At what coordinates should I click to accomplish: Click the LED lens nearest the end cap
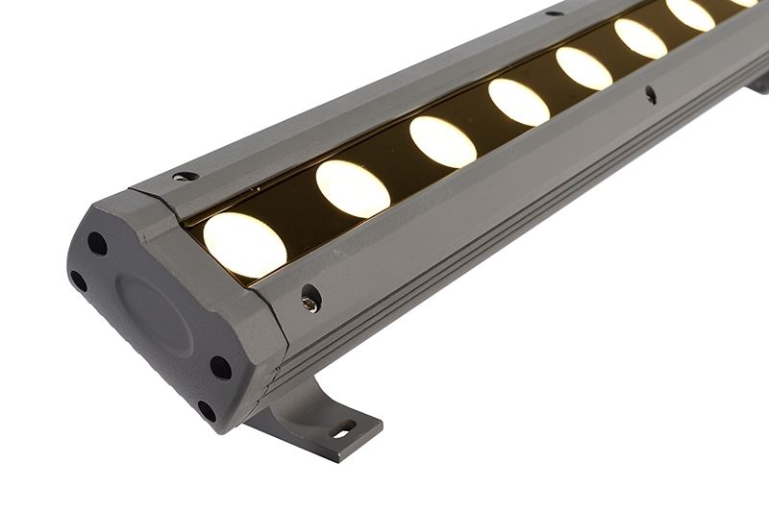(244, 244)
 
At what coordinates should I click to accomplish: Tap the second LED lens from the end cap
(353, 188)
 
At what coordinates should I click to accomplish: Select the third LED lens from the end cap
(442, 141)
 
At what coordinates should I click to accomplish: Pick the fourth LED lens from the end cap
(518, 102)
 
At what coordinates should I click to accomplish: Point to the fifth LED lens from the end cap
(583, 68)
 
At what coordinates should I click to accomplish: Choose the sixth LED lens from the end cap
(640, 38)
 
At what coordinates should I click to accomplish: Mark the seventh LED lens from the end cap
(690, 13)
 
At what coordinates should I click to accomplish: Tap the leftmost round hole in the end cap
(78, 281)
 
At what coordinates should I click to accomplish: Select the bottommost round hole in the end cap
(207, 411)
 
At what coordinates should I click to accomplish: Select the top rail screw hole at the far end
(554, 12)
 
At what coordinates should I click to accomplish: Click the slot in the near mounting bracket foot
(343, 430)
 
